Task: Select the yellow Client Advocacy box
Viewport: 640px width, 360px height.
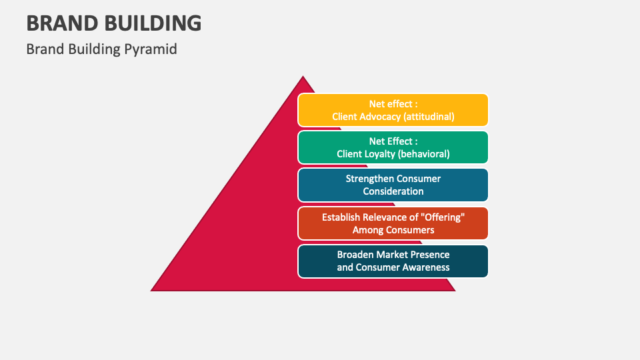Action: pos(393,110)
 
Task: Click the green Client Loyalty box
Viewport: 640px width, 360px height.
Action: pos(393,147)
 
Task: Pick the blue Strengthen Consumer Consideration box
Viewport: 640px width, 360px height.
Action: pos(393,185)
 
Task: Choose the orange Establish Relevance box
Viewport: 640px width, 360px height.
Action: pos(393,223)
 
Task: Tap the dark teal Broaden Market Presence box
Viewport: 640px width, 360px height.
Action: pos(393,261)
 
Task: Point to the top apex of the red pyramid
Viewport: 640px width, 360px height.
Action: pos(303,77)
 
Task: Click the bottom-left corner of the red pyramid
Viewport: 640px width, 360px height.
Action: pos(152,290)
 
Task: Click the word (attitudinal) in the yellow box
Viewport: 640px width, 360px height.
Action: pos(427,116)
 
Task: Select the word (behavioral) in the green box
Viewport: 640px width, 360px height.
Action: pos(423,154)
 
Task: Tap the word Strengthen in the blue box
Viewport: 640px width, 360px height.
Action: pos(369,179)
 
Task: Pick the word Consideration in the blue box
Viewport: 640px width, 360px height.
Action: pos(393,191)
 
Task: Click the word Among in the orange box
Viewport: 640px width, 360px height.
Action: pos(367,230)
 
